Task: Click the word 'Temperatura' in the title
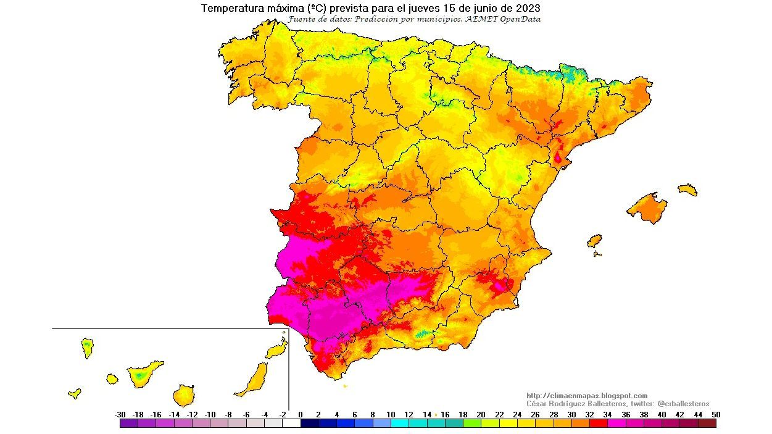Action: pyautogui.click(x=230, y=9)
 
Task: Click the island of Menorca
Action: pyautogui.click(x=687, y=190)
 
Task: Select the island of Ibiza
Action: pyautogui.click(x=595, y=240)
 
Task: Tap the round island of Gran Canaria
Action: pyautogui.click(x=183, y=394)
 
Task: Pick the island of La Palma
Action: pyautogui.click(x=88, y=348)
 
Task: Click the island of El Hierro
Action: pyautogui.click(x=75, y=393)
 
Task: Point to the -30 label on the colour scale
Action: pyautogui.click(x=120, y=415)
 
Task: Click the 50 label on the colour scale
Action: pyautogui.click(x=715, y=415)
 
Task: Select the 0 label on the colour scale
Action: pyautogui.click(x=301, y=415)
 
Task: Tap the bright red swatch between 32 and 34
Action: pyautogui.click(x=599, y=424)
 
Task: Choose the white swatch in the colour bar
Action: pyautogui.click(x=291, y=424)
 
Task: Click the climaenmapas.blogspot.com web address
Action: pyautogui.click(x=586, y=396)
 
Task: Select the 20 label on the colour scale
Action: pyautogui.click(x=481, y=415)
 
